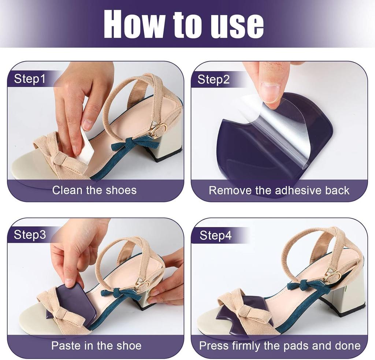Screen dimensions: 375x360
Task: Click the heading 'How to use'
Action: [x=184, y=25]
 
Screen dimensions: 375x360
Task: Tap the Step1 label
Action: [x=30, y=79]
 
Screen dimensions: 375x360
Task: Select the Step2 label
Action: [x=214, y=79]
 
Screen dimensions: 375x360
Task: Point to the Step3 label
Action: [x=30, y=235]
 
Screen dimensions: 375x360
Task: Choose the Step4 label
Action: [x=215, y=235]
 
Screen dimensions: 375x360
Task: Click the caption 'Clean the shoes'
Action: [x=94, y=190]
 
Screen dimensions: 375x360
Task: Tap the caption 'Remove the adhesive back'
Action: [x=279, y=190]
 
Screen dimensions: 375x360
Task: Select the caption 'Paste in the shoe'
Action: [x=96, y=346]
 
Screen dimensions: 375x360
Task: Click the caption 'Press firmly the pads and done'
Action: [x=280, y=346]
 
